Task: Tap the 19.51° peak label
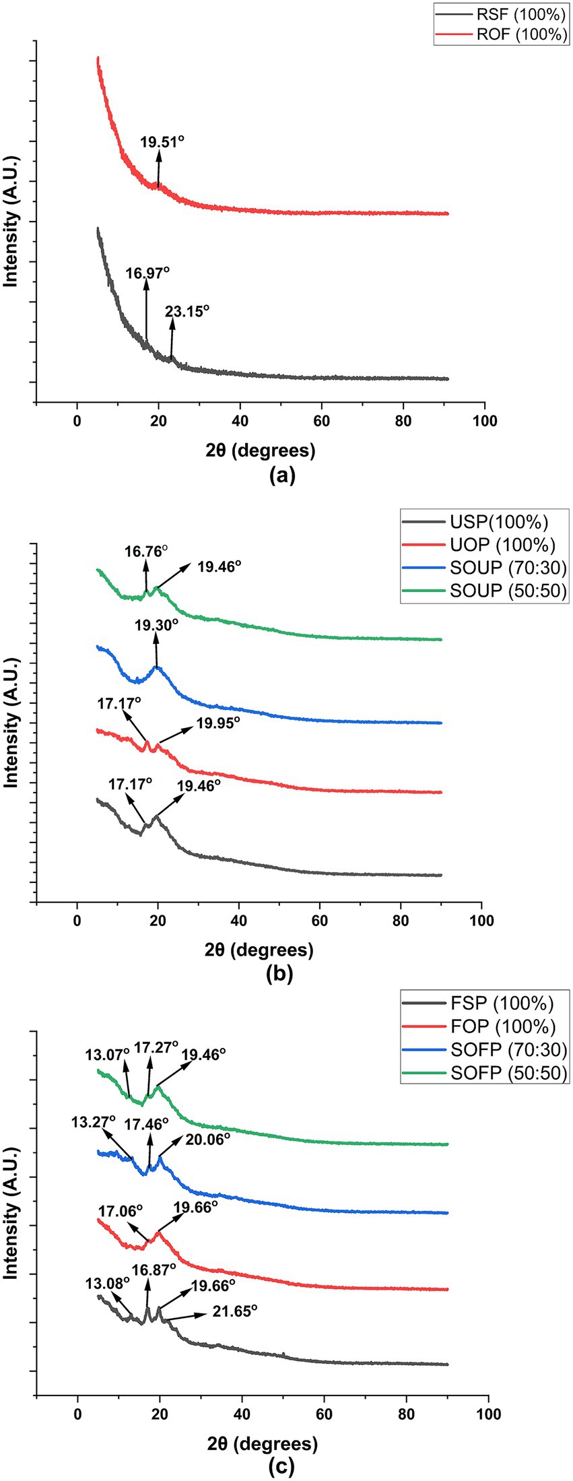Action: coord(162,142)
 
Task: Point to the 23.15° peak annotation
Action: coord(187,311)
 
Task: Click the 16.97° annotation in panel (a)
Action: coord(147,273)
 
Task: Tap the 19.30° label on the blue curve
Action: coord(156,625)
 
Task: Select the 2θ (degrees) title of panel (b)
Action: coord(260,950)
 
